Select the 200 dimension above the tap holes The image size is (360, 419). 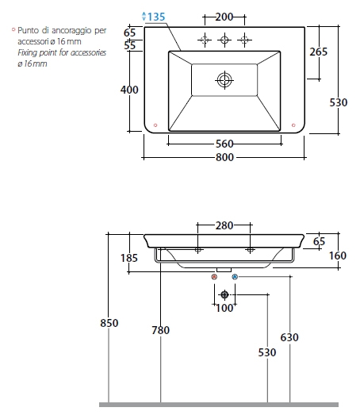click(224, 17)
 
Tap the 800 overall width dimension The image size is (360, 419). click(224, 157)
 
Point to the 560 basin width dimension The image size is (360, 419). click(224, 144)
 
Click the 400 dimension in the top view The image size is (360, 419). click(129, 90)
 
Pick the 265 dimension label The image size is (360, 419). click(318, 52)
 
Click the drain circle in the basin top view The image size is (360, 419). click(224, 80)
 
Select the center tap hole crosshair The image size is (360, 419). click(224, 40)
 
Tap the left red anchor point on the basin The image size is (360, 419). click(155, 125)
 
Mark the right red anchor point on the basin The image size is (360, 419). click(293, 125)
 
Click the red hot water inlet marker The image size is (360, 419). click(214, 277)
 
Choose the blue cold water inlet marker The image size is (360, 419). click(235, 277)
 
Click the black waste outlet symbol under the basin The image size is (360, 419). click(224, 294)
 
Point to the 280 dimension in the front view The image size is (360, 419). click(224, 226)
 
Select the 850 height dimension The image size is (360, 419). click(109, 323)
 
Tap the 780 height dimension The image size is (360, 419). click(160, 330)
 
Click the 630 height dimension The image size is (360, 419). click(289, 337)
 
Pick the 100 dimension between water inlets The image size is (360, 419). click(224, 308)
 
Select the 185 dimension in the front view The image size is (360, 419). click(129, 258)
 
